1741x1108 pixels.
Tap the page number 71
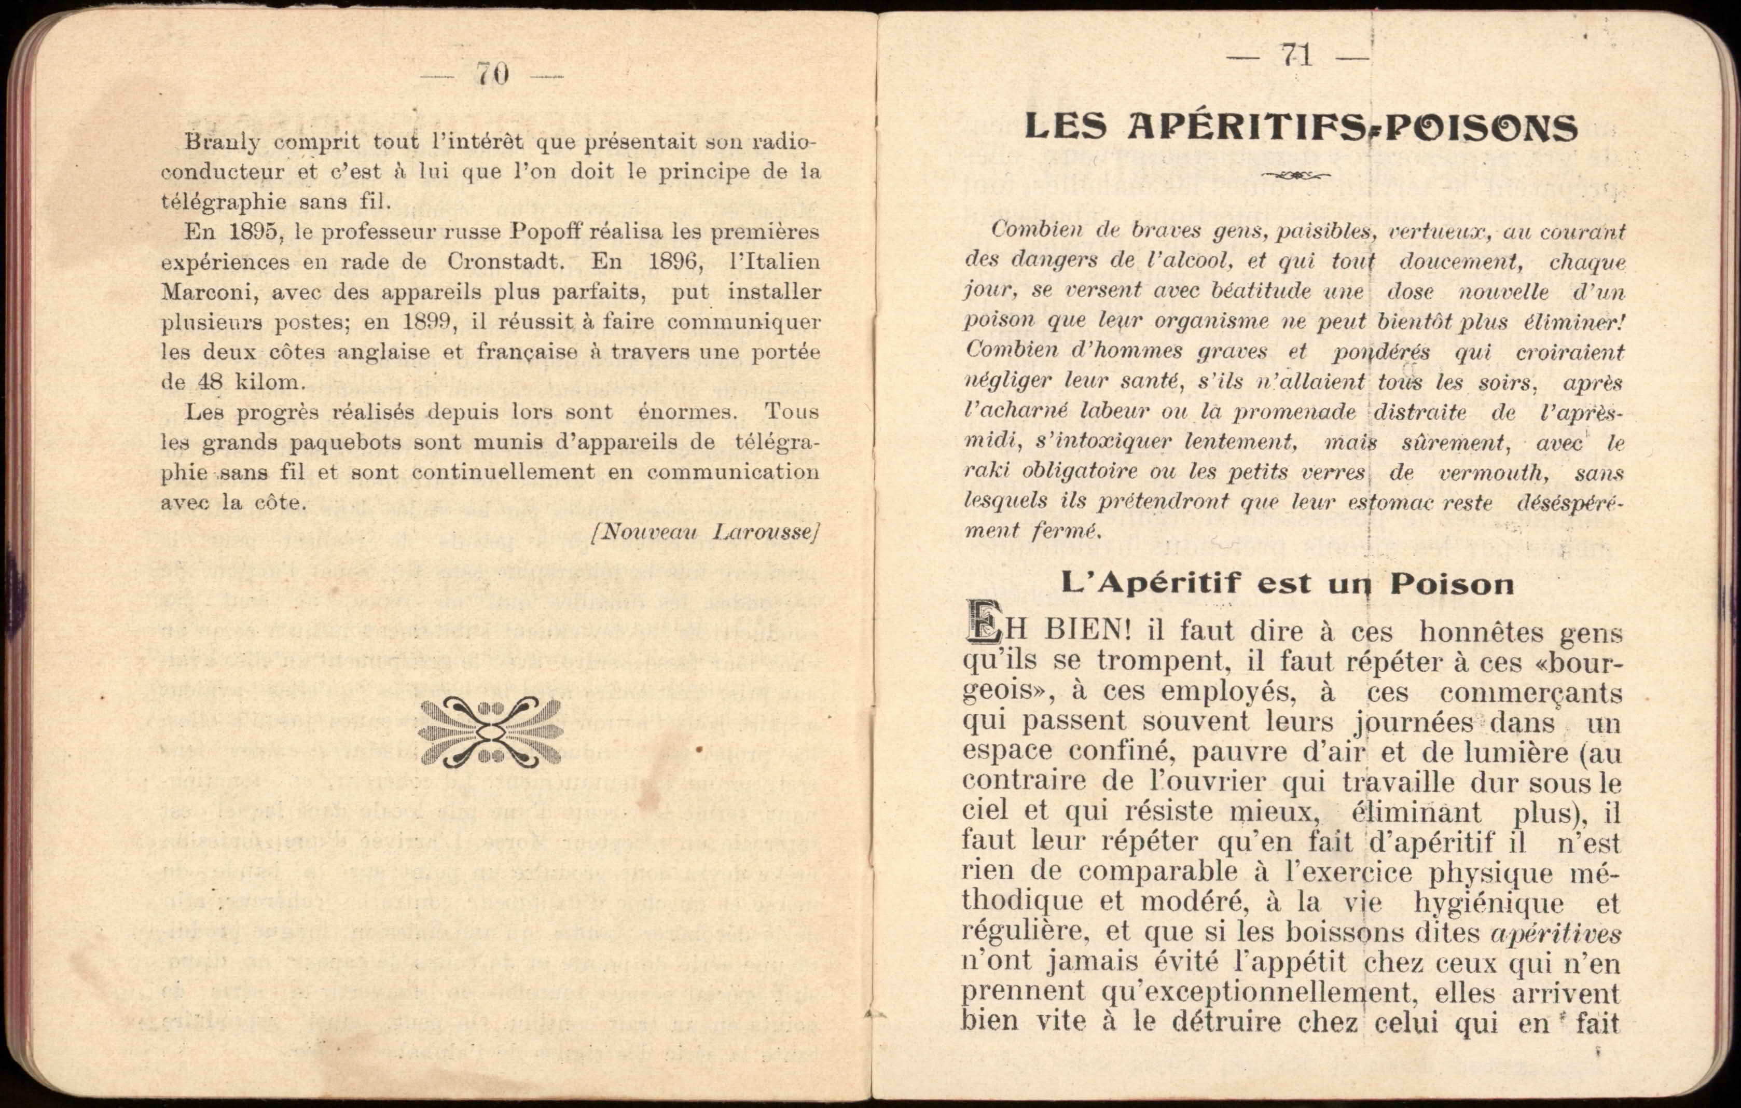coord(1296,55)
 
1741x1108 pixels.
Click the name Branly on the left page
coord(222,142)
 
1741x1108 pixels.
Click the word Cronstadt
coord(505,261)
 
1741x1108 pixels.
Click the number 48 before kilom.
coord(211,382)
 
